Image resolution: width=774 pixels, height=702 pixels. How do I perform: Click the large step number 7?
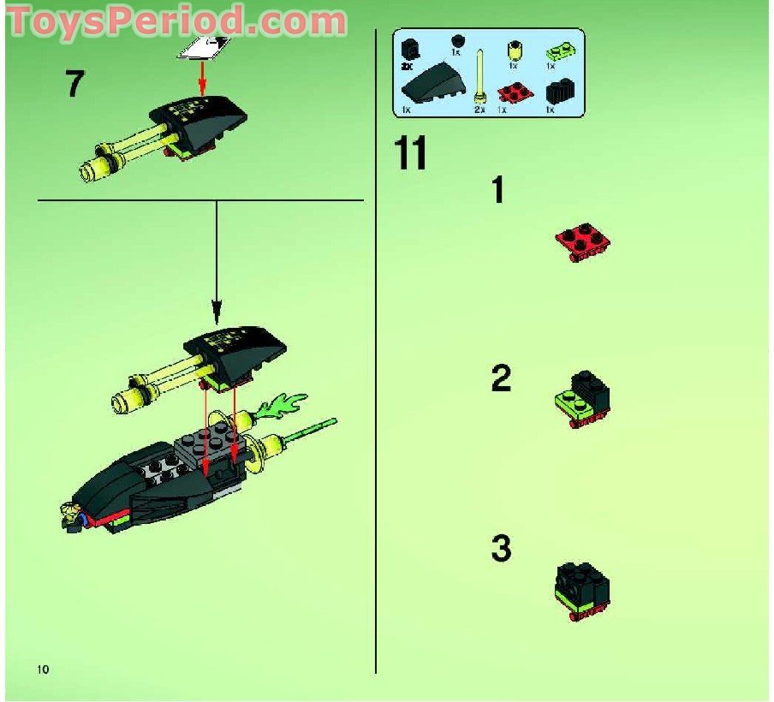pyautogui.click(x=75, y=85)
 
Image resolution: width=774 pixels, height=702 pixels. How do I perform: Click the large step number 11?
pyautogui.click(x=410, y=155)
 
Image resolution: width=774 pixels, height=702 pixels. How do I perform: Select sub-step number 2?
pyautogui.click(x=501, y=378)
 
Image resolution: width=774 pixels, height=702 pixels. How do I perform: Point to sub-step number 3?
pyautogui.click(x=501, y=549)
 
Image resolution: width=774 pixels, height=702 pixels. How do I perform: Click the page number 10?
pyautogui.click(x=44, y=668)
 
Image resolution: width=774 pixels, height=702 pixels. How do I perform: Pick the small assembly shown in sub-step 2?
pyautogui.click(x=582, y=400)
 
